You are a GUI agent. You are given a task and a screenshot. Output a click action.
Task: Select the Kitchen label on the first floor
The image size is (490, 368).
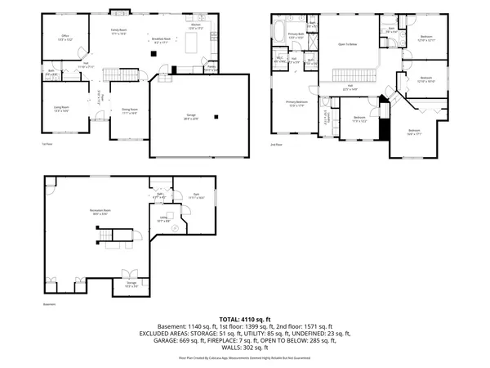(x=196, y=26)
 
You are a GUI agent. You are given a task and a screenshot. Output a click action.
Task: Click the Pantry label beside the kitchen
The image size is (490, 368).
(x=211, y=68)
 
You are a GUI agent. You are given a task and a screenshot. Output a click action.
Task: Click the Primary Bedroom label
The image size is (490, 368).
(x=296, y=103)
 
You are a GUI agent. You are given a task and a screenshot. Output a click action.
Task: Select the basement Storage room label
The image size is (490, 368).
(x=131, y=285)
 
